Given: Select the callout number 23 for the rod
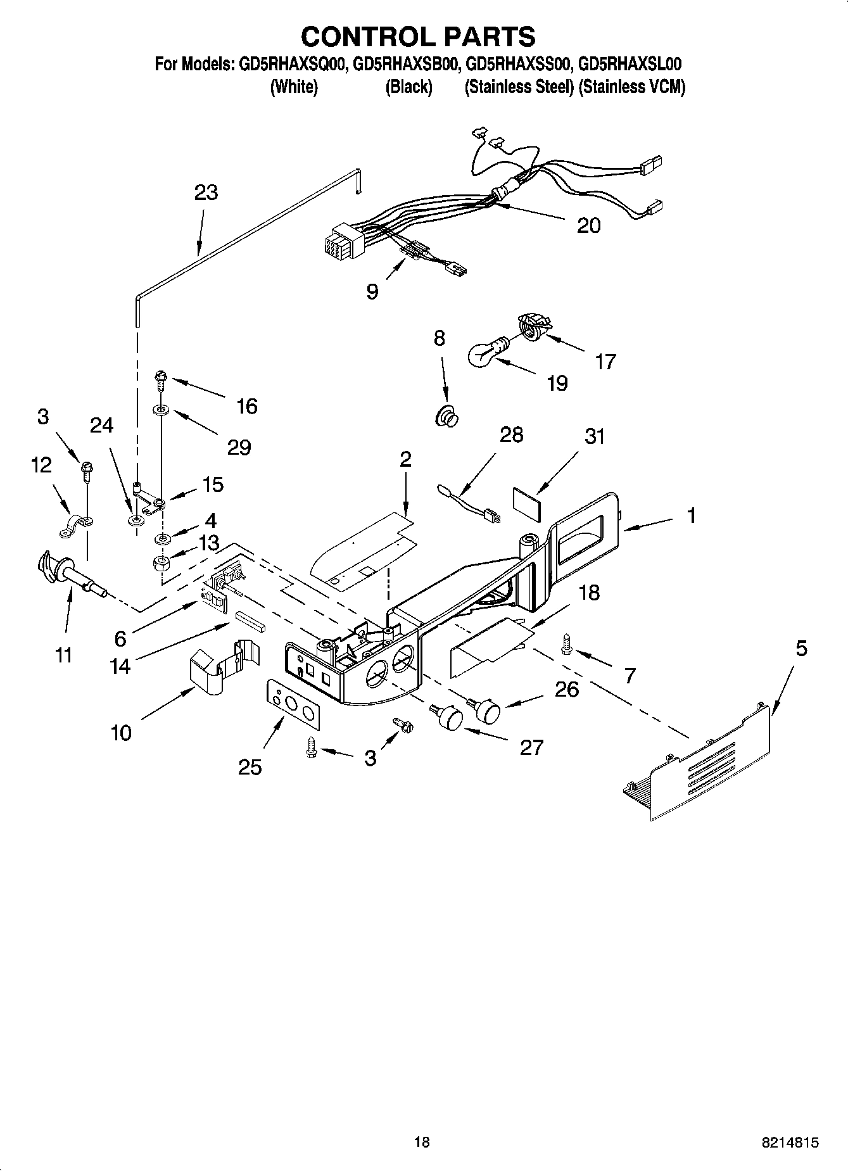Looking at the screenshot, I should pos(206,192).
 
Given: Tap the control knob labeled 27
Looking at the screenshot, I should pos(448,717).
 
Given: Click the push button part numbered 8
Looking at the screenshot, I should pos(448,417).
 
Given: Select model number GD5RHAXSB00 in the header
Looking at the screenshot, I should pos(404,65).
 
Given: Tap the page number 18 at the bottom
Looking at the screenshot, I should pos(422,1142).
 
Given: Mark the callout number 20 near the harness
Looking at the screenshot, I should pos(588,225).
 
